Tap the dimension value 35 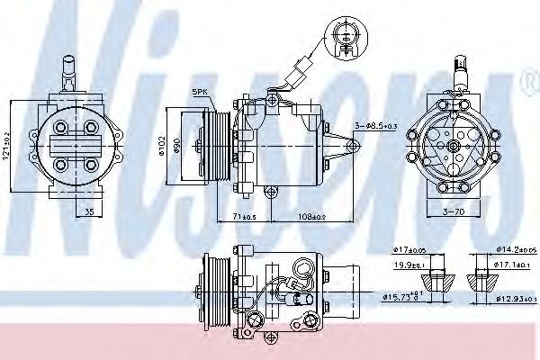click(x=88, y=212)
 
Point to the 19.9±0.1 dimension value click(x=409, y=265)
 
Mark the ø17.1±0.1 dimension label click(x=509, y=265)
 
